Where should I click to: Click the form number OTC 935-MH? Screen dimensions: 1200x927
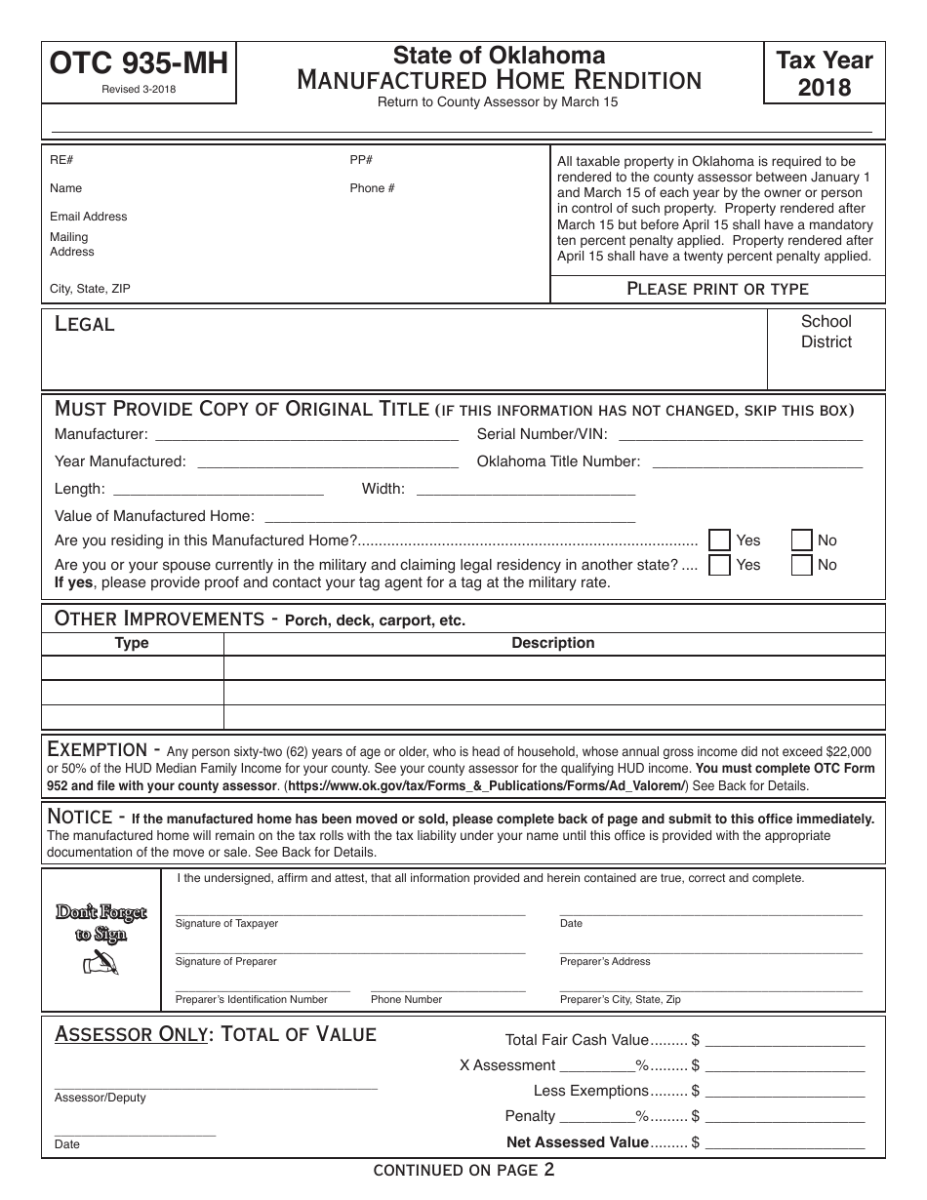138,64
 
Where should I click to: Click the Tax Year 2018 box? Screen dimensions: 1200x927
825,74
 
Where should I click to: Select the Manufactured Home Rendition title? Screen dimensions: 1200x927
499,80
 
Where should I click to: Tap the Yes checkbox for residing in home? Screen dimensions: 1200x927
720,540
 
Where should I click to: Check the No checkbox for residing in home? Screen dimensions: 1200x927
801,540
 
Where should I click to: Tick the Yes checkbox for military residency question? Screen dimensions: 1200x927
720,565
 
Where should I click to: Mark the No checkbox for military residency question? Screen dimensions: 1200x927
801,565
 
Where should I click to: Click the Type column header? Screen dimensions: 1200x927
132,644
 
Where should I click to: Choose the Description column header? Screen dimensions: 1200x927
553,644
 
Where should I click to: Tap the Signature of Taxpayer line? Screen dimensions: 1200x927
349,913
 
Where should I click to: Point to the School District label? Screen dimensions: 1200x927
826,332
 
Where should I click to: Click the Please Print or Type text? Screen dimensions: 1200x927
717,289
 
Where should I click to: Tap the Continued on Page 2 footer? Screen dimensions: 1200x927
463,1171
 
